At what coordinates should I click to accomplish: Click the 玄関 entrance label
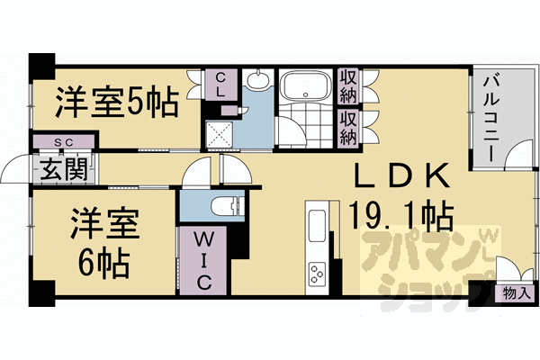pos(56,168)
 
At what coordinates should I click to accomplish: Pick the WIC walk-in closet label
pos(202,259)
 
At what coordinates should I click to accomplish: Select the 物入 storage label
pos(517,292)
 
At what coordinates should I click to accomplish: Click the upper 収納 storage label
pos(348,86)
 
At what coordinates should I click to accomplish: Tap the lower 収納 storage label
pos(348,127)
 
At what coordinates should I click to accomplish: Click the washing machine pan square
pos(219,134)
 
